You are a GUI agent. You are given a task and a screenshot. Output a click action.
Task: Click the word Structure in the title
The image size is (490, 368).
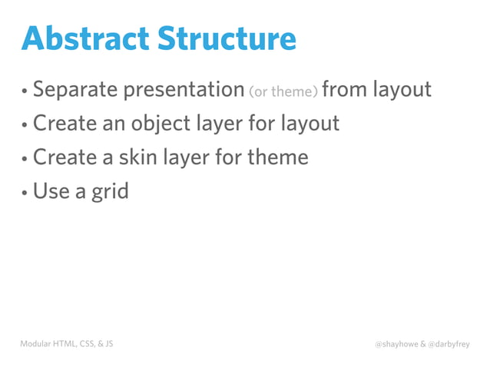(x=223, y=39)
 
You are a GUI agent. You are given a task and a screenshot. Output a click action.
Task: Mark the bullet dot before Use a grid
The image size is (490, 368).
(x=25, y=192)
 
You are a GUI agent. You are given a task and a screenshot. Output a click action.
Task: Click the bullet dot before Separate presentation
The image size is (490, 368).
(x=25, y=92)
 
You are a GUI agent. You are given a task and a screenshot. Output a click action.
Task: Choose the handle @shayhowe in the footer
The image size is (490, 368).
(x=396, y=344)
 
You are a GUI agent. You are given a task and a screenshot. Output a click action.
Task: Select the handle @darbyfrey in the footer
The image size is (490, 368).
(x=449, y=344)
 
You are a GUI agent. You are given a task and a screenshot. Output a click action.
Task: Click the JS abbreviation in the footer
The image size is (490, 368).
(x=108, y=343)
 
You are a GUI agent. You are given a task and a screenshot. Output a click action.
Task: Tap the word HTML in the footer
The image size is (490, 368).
(x=65, y=343)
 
